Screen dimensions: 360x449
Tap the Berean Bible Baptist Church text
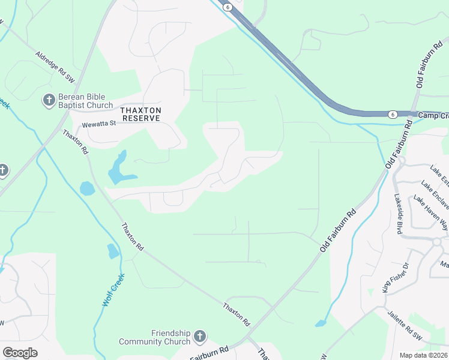(x=85, y=101)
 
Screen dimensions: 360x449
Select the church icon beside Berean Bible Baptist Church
(x=49, y=100)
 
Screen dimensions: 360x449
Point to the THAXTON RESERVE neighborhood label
(x=141, y=114)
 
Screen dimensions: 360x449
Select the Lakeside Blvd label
(x=397, y=206)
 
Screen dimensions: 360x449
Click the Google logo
(x=20, y=353)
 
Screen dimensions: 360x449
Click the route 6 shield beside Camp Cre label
(x=391, y=114)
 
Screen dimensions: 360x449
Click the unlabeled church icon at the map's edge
(x=2, y=170)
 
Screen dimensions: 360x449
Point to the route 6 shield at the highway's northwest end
(x=227, y=7)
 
